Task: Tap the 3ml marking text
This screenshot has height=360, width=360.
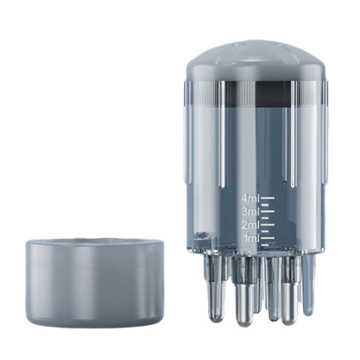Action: coord(250,212)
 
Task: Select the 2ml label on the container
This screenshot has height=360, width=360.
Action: coord(250,225)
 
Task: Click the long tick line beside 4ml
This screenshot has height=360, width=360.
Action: coord(268,197)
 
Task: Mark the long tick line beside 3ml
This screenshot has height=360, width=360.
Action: coord(268,211)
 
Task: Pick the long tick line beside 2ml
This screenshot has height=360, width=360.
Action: coord(268,224)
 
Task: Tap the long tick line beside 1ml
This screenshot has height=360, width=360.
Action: coord(268,237)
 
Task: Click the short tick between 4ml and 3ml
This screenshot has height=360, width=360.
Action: coord(265,205)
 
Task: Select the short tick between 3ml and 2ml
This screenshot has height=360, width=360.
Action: coord(265,218)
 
